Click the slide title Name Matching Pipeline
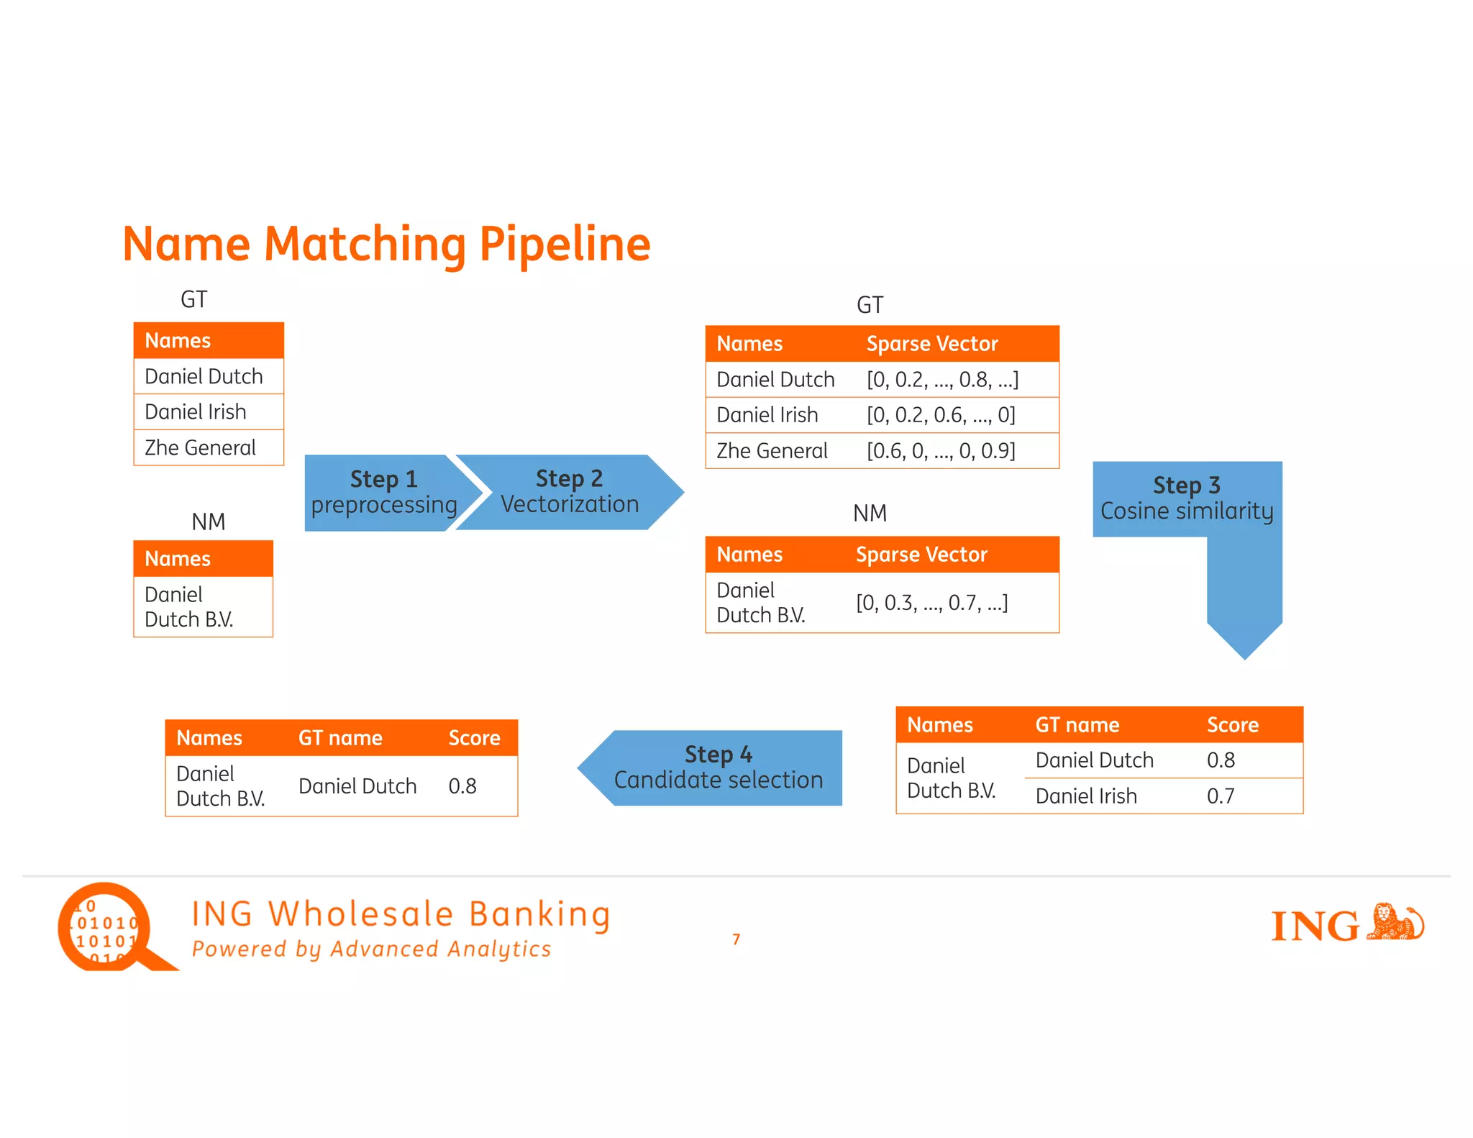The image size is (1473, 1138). pyautogui.click(x=386, y=244)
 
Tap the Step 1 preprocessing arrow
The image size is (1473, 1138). pyautogui.click(x=383, y=493)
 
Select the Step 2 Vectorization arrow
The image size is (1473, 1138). pyautogui.click(x=568, y=492)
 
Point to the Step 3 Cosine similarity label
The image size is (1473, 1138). pyautogui.click(x=1187, y=498)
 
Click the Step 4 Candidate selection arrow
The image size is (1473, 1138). pyautogui.click(x=717, y=768)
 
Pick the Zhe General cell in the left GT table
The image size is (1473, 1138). pyautogui.click(x=201, y=447)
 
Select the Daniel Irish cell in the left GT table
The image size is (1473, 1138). pyautogui.click(x=196, y=411)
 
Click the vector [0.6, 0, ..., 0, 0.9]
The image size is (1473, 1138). pyautogui.click(x=941, y=451)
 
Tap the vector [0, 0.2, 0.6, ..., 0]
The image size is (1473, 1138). pyautogui.click(x=941, y=415)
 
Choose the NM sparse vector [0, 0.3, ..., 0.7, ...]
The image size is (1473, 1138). pyautogui.click(x=931, y=603)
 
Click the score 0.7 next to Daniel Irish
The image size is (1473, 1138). pyautogui.click(x=1221, y=796)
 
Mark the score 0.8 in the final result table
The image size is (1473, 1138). pyautogui.click(x=462, y=786)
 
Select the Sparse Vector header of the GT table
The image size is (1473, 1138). pyautogui.click(x=932, y=344)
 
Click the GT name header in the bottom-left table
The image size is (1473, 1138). pyautogui.click(x=340, y=738)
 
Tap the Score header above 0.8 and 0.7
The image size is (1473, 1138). pyautogui.click(x=1232, y=724)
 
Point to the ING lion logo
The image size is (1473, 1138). pyautogui.click(x=1395, y=922)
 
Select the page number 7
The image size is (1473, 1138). pyautogui.click(x=736, y=939)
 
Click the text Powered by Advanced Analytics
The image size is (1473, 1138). pyautogui.click(x=371, y=949)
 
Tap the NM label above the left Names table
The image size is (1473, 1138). pyautogui.click(x=209, y=522)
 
